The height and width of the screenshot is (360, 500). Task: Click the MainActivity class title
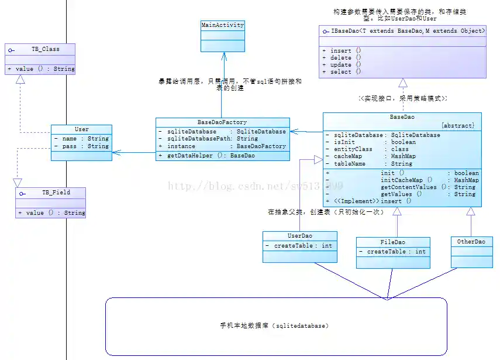pos(222,25)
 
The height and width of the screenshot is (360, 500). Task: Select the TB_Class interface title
pos(45,49)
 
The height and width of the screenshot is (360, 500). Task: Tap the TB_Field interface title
pos(55,192)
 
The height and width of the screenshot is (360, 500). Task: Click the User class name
pos(81,129)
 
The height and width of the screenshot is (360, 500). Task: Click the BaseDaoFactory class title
pos(222,122)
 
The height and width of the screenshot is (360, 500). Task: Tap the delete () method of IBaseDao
pos(342,58)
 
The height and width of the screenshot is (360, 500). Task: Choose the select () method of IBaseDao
pos(342,72)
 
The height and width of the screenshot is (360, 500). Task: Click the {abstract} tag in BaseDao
pos(460,126)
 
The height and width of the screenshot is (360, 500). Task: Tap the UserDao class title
pos(299,235)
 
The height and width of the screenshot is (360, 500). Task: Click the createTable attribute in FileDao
pos(392,252)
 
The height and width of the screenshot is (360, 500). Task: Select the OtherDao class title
pos(471,241)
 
